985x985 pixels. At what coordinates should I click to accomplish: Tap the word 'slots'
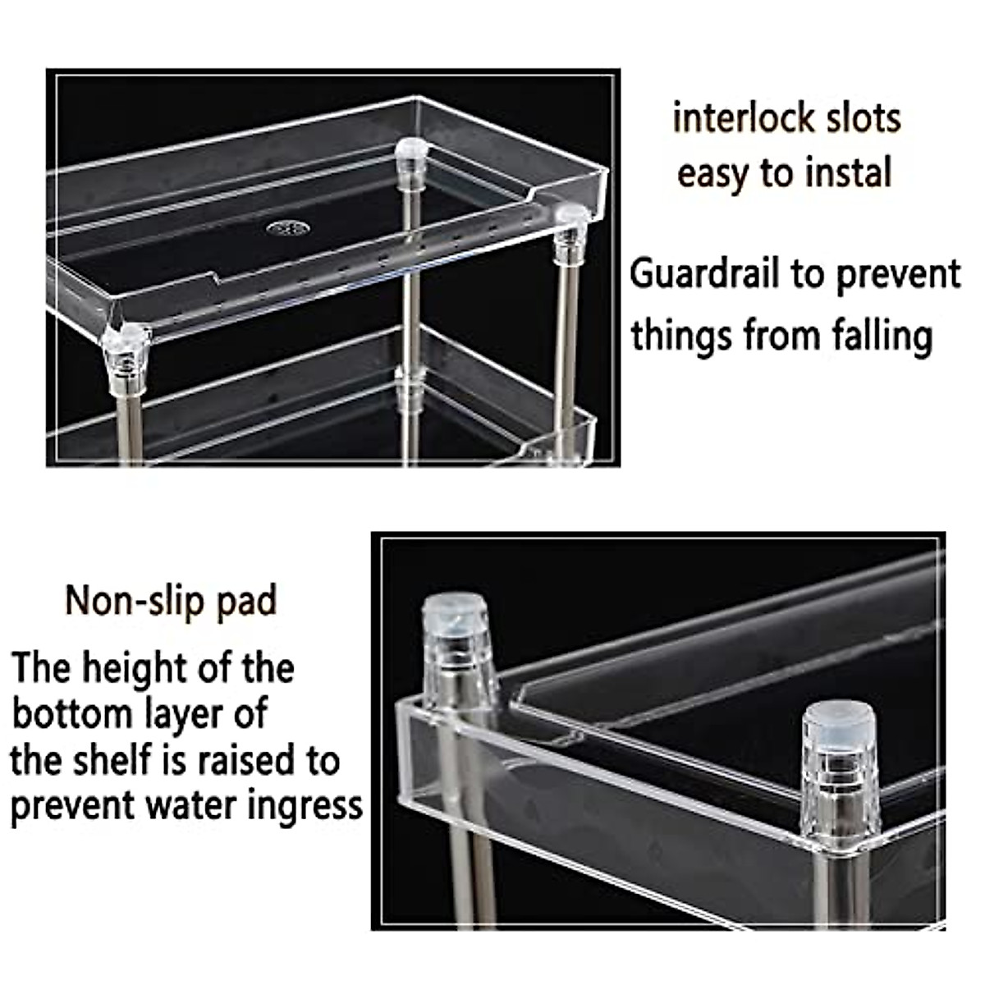[864, 118]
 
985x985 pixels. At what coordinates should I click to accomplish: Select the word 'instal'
[845, 173]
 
